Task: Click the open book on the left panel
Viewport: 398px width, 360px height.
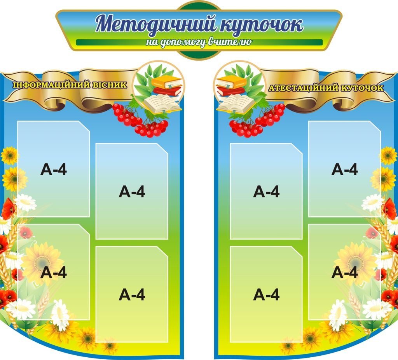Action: pos(162,104)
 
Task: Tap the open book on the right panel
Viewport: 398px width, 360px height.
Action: pos(236,104)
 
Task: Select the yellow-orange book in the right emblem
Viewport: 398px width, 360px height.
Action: pos(231,82)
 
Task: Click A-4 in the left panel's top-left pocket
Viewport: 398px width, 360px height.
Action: pos(54,169)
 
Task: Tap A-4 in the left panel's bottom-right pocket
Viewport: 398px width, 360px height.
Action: pos(132,294)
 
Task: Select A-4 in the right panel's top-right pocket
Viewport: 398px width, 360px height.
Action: pos(344,169)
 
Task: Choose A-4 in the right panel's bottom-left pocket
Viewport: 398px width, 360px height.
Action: pos(266,294)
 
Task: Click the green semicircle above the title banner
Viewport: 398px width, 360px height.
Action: pos(199,5)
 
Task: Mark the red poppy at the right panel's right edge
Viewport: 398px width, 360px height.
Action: pos(389,209)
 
